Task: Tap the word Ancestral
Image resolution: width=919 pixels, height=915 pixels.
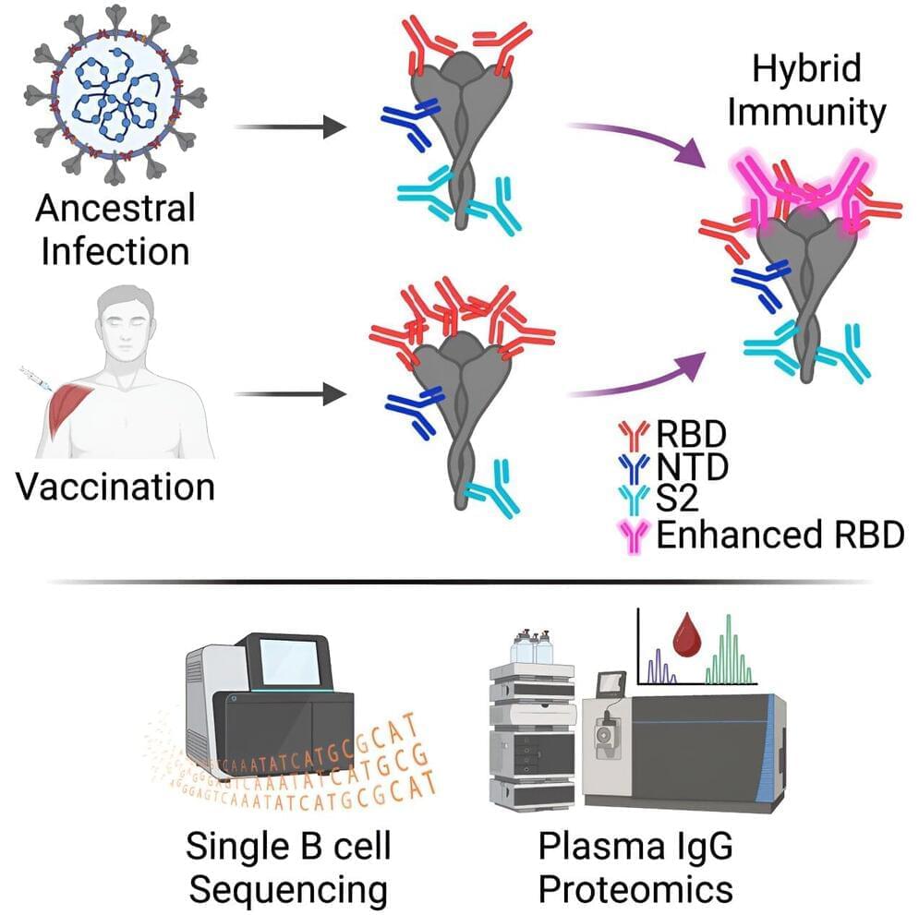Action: coord(115,208)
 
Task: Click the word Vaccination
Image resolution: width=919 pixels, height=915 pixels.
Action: coord(115,487)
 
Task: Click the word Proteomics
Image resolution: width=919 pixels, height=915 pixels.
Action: coord(635,888)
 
